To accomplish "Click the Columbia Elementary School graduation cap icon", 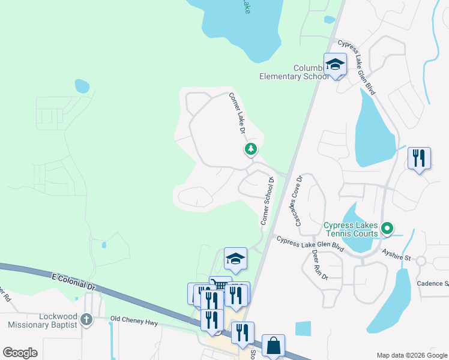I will [335, 64].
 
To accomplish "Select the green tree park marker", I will [251, 149].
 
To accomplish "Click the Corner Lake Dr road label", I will [238, 113].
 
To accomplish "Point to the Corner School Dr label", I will [267, 201].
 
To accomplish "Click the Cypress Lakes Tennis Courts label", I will [351, 229].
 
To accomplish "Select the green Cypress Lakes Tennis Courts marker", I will [388, 228].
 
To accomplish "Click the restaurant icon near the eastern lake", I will [418, 158].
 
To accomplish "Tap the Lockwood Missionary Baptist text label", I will [43, 320].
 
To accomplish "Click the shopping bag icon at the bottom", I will [273, 345].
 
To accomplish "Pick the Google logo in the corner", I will [20, 353].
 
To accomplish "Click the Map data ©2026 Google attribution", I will [411, 355].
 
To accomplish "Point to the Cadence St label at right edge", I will [433, 283].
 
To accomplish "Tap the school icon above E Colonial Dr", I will [235, 259].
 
